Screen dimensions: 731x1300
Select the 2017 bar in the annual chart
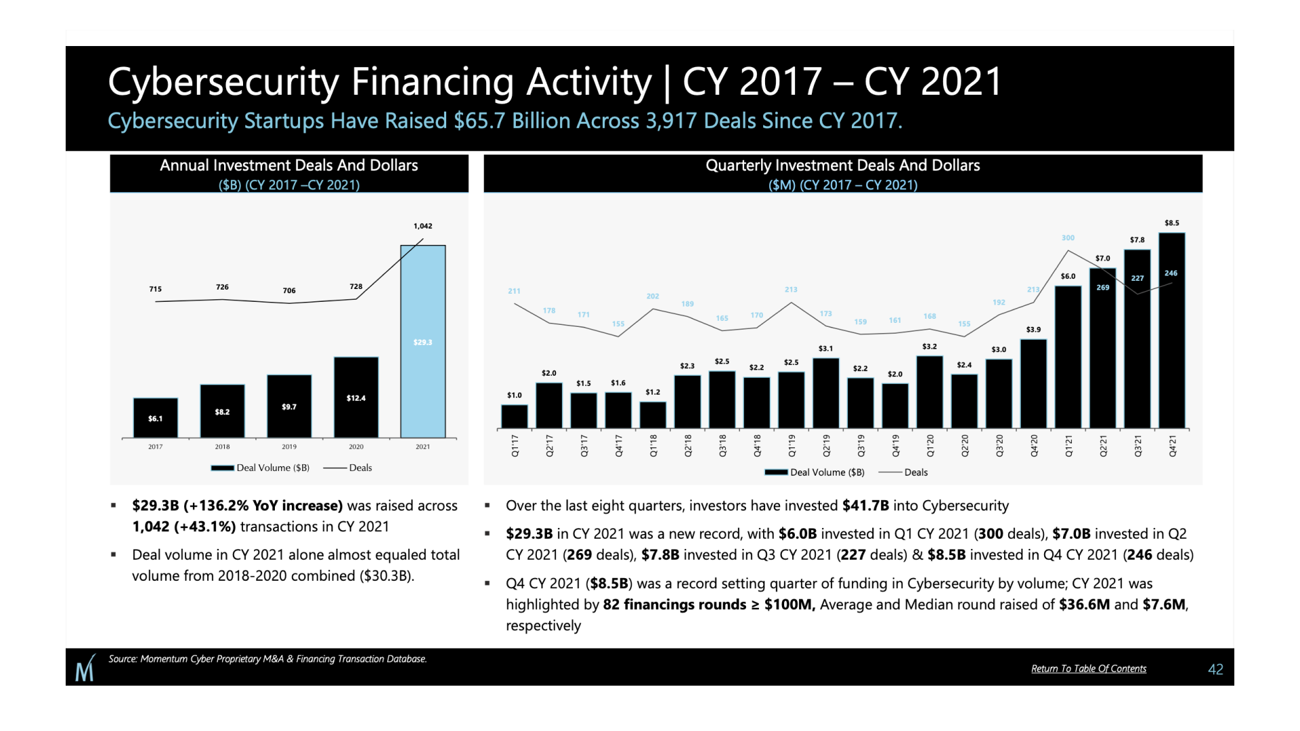click(x=156, y=418)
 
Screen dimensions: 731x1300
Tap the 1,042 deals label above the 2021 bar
click(x=422, y=226)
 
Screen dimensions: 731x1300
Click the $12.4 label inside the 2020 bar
click(x=356, y=398)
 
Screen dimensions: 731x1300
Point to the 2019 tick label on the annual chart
click(x=289, y=447)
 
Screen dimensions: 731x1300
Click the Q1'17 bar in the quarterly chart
click(x=515, y=416)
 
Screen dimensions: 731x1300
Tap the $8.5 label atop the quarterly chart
click(x=1171, y=223)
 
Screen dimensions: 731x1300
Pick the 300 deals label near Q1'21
click(x=1068, y=238)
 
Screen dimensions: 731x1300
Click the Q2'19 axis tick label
click(x=826, y=445)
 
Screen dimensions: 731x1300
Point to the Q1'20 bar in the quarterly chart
click(x=930, y=392)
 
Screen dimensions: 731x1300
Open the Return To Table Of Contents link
click(x=1088, y=669)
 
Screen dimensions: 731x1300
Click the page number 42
click(x=1215, y=669)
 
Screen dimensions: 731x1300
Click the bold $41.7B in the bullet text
click(x=865, y=506)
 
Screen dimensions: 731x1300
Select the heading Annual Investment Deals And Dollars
click(x=288, y=165)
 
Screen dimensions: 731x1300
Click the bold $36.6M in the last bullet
click(x=1084, y=604)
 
